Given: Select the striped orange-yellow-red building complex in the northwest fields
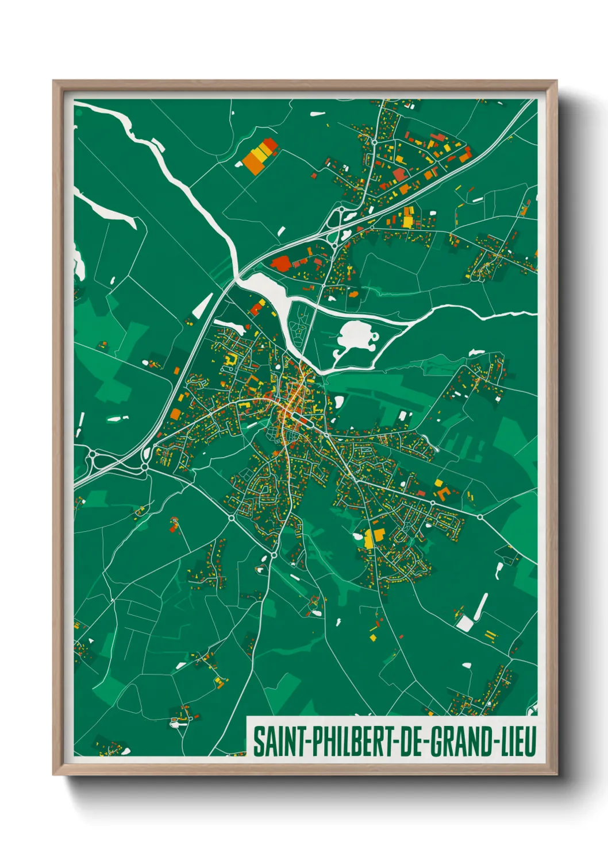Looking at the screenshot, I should [260, 154].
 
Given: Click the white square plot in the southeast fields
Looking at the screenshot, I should [464, 623].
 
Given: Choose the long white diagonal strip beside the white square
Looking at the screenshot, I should [481, 606].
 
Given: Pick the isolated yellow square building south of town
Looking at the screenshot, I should [372, 637].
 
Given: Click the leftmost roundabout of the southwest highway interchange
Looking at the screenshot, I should [93, 456].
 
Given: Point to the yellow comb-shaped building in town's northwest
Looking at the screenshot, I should [232, 360].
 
